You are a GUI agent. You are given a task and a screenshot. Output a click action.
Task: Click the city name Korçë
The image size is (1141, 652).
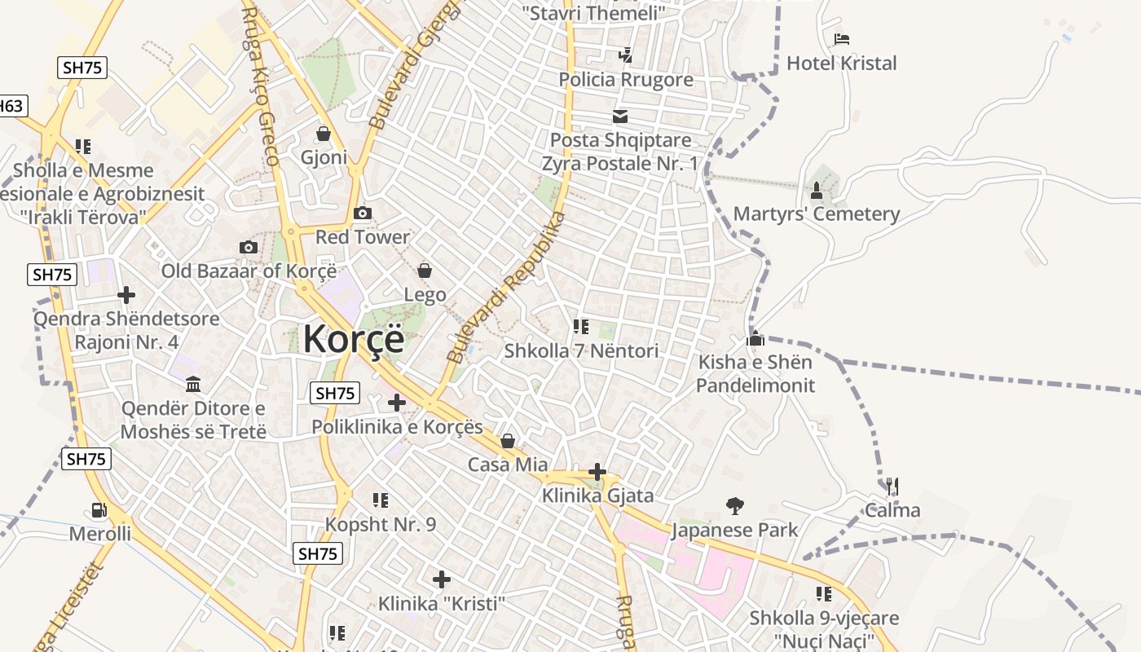(353, 339)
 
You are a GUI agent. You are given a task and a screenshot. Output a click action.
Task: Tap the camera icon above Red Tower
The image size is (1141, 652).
(363, 214)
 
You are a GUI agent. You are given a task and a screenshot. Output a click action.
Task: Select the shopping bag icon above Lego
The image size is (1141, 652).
(425, 270)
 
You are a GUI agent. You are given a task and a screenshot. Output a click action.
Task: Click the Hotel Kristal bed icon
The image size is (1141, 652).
(842, 39)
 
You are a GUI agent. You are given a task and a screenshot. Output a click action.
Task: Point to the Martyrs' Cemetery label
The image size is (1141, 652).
(817, 214)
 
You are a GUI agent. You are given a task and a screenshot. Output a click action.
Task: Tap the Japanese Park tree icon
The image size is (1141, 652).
(735, 506)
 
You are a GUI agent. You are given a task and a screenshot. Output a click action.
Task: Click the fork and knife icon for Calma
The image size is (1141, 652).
(892, 487)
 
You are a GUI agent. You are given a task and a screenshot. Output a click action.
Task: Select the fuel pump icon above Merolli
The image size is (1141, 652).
(99, 511)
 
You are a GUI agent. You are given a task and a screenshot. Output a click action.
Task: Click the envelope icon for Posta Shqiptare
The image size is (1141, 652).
(620, 117)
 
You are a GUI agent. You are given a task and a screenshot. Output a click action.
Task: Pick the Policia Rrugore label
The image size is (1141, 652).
(626, 79)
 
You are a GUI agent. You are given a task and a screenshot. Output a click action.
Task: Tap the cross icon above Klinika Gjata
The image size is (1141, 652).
(597, 472)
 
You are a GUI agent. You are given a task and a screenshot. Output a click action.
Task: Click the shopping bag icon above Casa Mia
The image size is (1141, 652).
(508, 442)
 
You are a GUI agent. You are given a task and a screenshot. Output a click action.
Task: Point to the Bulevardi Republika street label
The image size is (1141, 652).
(506, 288)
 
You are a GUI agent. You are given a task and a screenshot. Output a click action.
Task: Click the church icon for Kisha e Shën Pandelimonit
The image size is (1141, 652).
(756, 338)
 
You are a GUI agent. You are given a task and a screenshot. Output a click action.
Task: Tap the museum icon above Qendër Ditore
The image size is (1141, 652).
(193, 384)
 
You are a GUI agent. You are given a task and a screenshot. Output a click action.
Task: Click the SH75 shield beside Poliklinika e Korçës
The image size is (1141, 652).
(335, 394)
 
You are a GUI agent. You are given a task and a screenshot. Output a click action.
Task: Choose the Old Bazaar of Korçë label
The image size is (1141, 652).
(249, 271)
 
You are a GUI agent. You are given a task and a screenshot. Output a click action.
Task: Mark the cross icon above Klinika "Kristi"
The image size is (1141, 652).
(442, 579)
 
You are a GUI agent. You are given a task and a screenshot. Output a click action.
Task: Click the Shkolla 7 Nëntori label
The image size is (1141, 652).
(581, 351)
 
